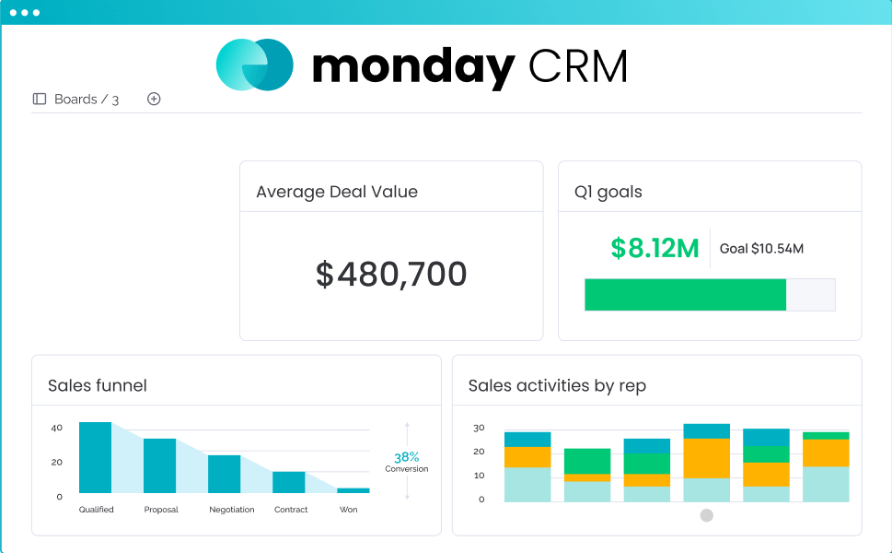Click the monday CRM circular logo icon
255,65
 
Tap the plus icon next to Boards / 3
154,99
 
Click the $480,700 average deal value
391,275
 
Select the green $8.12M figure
655,248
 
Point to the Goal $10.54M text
761,249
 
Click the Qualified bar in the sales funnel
95,458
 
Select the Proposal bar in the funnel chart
159,465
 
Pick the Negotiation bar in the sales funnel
224,474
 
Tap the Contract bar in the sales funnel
288,482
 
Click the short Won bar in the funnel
353,490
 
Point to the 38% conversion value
407,457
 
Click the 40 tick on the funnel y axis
57,428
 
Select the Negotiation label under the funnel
232,510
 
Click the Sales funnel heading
98,385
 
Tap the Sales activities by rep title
557,385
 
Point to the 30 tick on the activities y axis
479,428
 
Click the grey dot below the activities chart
707,515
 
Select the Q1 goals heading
608,192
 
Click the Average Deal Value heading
337,192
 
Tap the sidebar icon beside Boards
40,99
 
